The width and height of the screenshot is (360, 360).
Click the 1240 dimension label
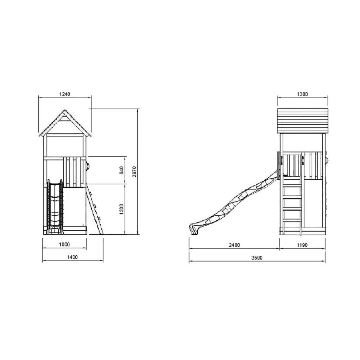(65, 94)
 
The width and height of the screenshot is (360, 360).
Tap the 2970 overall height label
(135, 172)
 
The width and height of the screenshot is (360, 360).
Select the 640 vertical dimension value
(121, 170)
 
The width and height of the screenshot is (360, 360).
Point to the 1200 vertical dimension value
(121, 209)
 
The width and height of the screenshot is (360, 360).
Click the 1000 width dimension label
(64, 244)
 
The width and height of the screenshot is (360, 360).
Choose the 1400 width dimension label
(72, 257)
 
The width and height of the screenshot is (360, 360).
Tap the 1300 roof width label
(302, 94)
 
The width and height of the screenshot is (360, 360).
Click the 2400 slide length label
(234, 245)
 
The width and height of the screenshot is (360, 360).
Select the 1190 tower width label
(302, 245)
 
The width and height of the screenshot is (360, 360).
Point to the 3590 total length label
(257, 258)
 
